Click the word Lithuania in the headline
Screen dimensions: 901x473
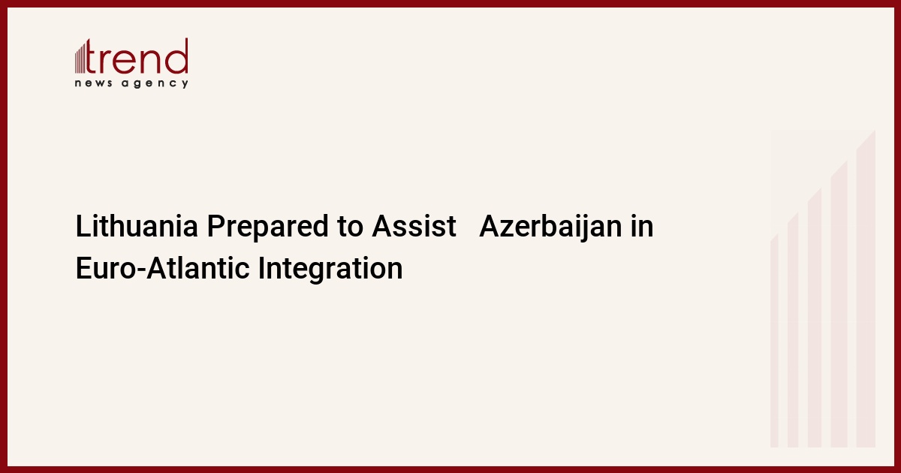click(137, 226)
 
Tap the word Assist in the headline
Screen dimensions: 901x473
click(414, 226)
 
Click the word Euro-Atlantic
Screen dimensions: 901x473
click(162, 268)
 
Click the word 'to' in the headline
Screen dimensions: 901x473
click(351, 227)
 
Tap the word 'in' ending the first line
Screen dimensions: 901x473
click(642, 226)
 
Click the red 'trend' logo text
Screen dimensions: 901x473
click(137, 56)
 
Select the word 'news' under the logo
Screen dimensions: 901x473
click(93, 83)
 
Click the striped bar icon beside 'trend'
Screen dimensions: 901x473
click(80, 59)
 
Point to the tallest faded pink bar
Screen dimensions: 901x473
click(866, 288)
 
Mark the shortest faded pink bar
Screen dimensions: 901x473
click(774, 341)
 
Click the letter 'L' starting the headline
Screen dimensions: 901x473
click(83, 226)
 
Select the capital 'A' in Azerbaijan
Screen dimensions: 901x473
click(488, 226)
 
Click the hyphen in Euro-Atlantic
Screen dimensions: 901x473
click(141, 270)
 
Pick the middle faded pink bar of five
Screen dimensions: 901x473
click(815, 318)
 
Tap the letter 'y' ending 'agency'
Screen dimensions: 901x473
click(185, 84)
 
